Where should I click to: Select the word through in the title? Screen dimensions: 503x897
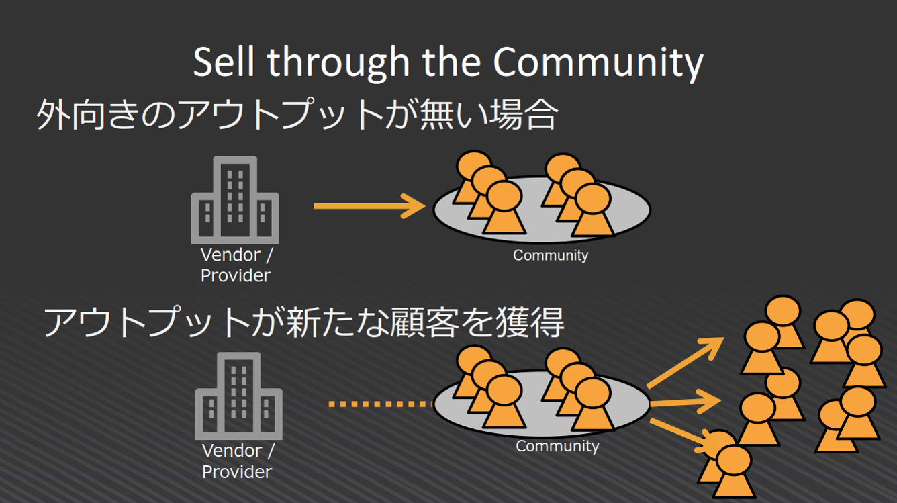pos(338,63)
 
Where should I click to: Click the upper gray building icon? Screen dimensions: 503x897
pos(235,199)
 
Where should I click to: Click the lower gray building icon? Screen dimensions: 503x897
pos(239,396)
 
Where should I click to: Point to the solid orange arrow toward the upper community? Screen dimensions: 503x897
pos(369,205)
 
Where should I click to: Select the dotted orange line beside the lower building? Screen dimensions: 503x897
pos(380,404)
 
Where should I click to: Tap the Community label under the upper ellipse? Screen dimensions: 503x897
pos(551,255)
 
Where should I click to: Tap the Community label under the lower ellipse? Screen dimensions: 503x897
pos(557,446)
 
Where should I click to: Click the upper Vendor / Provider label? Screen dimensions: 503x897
pos(236,265)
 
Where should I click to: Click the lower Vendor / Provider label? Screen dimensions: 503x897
pos(238,461)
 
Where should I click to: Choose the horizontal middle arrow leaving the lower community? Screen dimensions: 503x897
pos(685,402)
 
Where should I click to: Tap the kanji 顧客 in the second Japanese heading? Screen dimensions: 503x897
pos(433,322)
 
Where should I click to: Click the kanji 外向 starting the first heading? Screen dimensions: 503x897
pos(70,116)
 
